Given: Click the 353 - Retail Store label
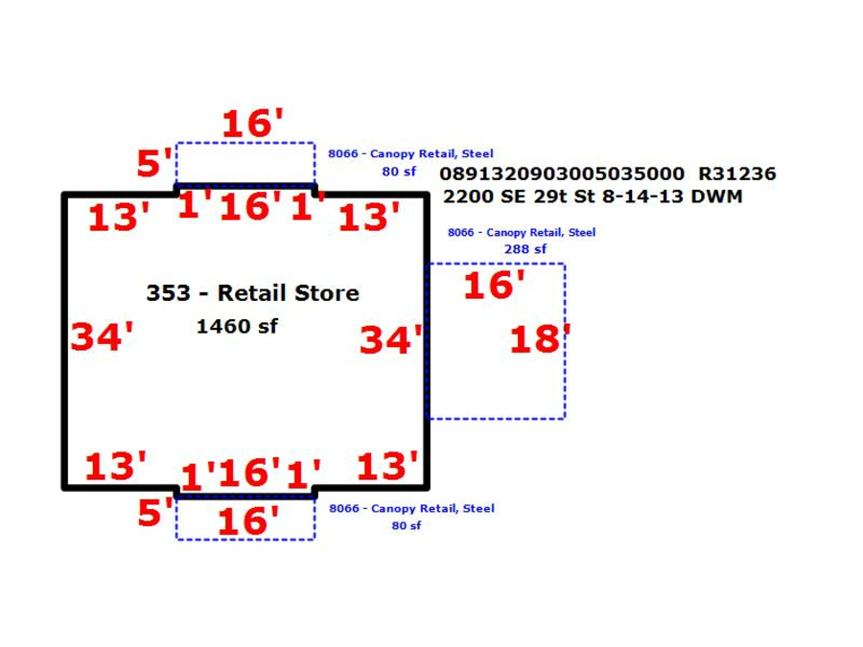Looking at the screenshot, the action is coord(252,292).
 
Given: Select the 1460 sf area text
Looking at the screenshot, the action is coord(237,326).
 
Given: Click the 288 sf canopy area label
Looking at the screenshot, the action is coord(525,249).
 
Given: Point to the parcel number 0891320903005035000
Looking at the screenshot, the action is coord(562,173).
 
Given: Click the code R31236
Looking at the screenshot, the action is coord(737,173).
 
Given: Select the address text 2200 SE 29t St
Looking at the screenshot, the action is coord(520,196).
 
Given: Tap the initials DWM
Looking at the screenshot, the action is coord(716,196).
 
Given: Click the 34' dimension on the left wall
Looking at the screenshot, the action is coord(103,336).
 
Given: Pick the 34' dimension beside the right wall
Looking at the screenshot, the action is coord(391,339).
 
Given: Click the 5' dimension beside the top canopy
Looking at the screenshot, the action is coord(154,162).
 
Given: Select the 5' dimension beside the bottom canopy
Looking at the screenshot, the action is coord(155,512).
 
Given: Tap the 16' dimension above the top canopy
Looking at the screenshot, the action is coord(252,123).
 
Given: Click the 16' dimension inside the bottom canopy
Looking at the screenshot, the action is coord(248,520).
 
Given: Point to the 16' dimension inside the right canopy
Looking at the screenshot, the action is coord(494,285).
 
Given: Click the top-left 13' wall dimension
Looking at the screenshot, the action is coord(119,217).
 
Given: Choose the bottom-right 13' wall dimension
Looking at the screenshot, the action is coord(387,466).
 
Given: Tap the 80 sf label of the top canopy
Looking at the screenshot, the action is coord(399,172).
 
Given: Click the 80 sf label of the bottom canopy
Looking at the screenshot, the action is coord(407,525).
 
